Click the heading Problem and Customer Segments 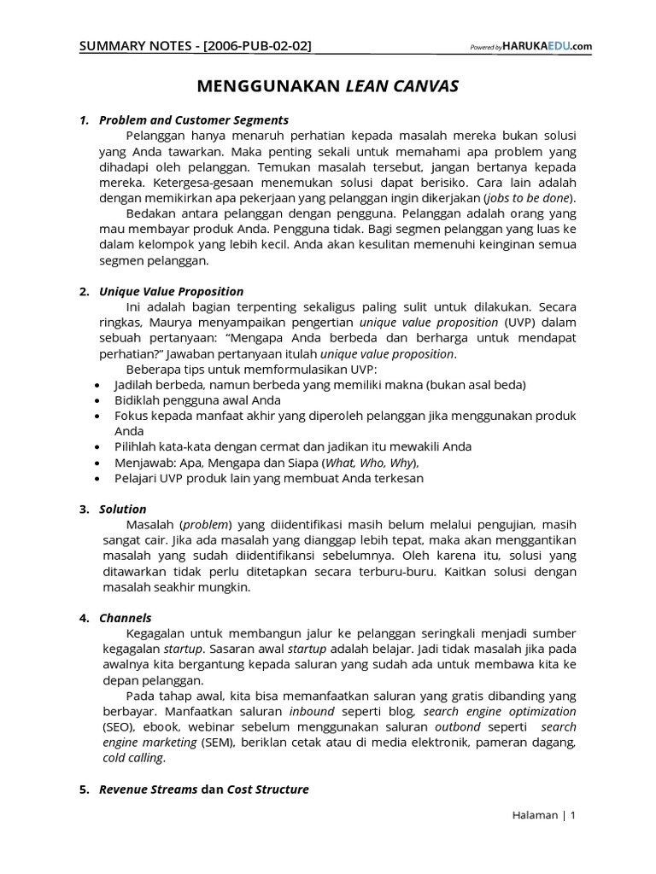(194, 119)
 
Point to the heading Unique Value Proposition (171, 291)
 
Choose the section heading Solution (123, 509)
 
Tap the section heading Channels (126, 617)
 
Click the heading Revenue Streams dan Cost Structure (203, 790)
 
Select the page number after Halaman (573, 815)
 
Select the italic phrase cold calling (132, 758)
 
